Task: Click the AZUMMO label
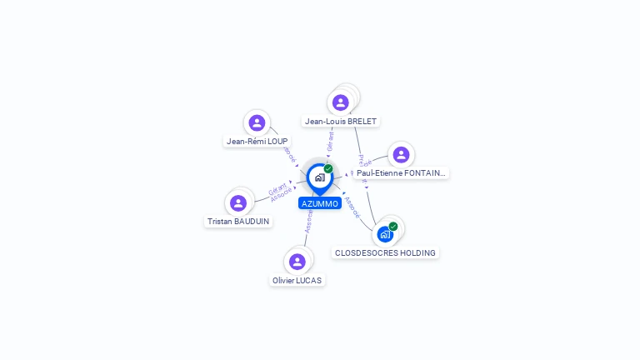tap(319, 203)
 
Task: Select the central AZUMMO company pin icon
tap(319, 177)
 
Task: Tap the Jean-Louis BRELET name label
tap(341, 122)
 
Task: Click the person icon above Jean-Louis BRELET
tap(340, 102)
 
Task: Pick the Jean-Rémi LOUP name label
tap(257, 142)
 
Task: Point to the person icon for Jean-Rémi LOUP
tap(257, 123)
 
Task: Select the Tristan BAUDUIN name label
tap(238, 222)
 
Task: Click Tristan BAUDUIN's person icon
tap(238, 203)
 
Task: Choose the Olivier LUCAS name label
tap(297, 281)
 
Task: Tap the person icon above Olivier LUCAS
tap(297, 262)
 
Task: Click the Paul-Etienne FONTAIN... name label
tap(401, 173)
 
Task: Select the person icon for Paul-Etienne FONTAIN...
tap(401, 155)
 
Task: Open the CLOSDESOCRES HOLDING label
tap(385, 252)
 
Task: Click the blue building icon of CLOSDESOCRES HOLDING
tap(385, 234)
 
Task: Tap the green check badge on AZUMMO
tap(328, 168)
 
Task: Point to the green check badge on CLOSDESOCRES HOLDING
tap(393, 226)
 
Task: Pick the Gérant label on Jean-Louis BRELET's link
tap(330, 142)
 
